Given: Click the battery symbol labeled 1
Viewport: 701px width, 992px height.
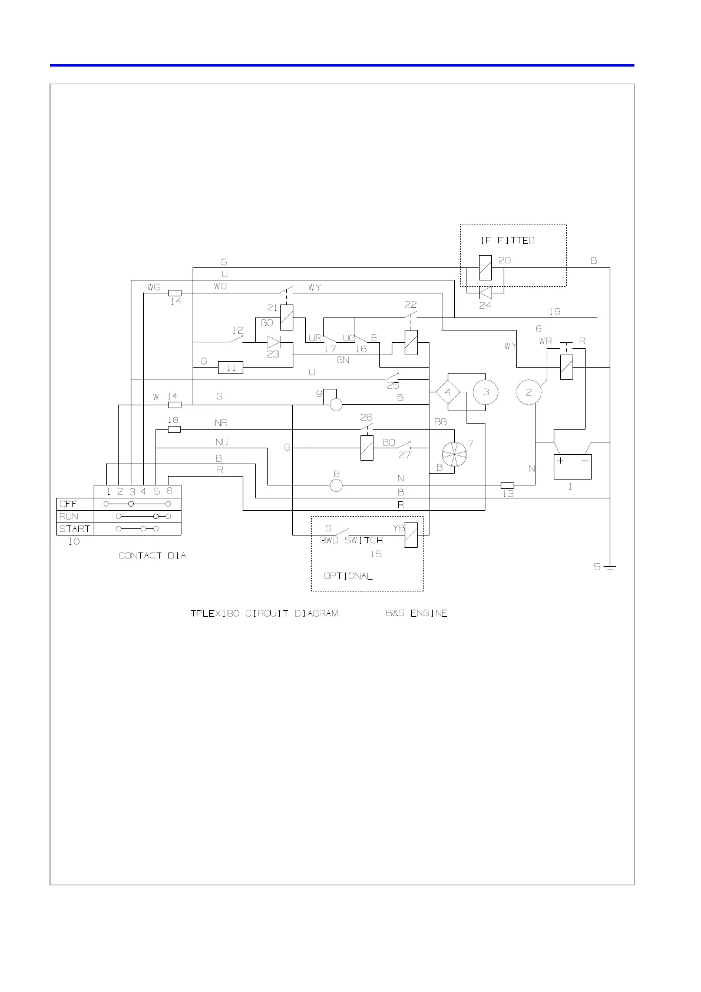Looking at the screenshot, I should [573, 467].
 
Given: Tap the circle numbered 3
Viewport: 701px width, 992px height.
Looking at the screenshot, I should [485, 392].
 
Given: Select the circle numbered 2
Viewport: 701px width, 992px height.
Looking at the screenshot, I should [529, 392].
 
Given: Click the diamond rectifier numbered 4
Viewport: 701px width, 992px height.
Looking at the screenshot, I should [448, 392].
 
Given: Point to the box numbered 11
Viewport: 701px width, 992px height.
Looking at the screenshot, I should [230, 368].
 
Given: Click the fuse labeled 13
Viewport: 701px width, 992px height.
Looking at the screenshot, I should [507, 485].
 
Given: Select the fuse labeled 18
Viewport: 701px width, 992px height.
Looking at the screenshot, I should [174, 430].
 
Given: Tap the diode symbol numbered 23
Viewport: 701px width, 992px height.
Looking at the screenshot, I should [273, 342].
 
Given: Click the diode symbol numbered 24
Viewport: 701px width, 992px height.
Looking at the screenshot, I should [485, 293].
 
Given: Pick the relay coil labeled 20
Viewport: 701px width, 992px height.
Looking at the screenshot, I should [485, 268].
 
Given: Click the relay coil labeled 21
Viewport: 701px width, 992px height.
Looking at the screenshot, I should [287, 318].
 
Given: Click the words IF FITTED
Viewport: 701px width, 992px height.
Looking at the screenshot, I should [507, 240].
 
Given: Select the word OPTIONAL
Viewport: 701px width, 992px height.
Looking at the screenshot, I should [348, 576].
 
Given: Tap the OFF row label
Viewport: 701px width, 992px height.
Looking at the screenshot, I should [68, 504].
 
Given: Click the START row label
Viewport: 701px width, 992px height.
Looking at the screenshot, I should [75, 529].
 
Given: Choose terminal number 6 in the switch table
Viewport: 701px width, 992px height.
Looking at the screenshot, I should [169, 491].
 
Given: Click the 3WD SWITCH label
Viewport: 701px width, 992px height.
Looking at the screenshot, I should [352, 541].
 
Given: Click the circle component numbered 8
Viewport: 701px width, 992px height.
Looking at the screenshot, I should [336, 485].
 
